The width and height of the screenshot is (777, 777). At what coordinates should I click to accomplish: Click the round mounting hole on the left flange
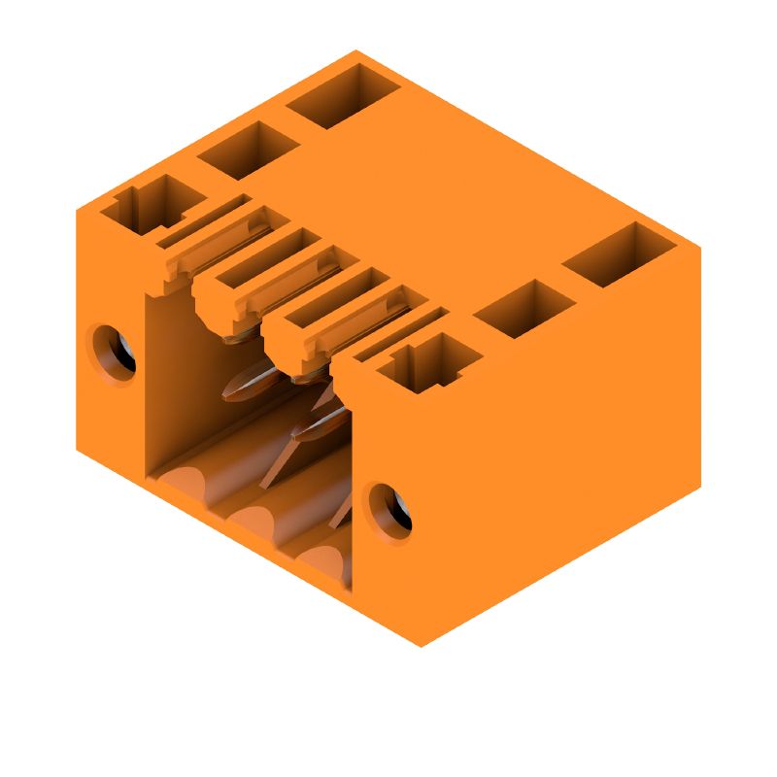[115, 352]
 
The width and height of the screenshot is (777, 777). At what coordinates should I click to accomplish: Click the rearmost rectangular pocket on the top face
[343, 95]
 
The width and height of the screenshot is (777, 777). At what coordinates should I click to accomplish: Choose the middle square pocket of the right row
[524, 308]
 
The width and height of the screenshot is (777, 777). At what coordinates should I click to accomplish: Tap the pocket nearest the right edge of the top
[619, 253]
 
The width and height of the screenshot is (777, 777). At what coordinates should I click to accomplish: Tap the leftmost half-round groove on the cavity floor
[189, 483]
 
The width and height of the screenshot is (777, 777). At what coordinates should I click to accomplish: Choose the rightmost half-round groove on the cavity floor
[321, 558]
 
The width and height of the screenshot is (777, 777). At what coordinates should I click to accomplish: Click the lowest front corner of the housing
[421, 646]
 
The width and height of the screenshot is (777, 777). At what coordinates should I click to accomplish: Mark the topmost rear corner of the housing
[355, 51]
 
